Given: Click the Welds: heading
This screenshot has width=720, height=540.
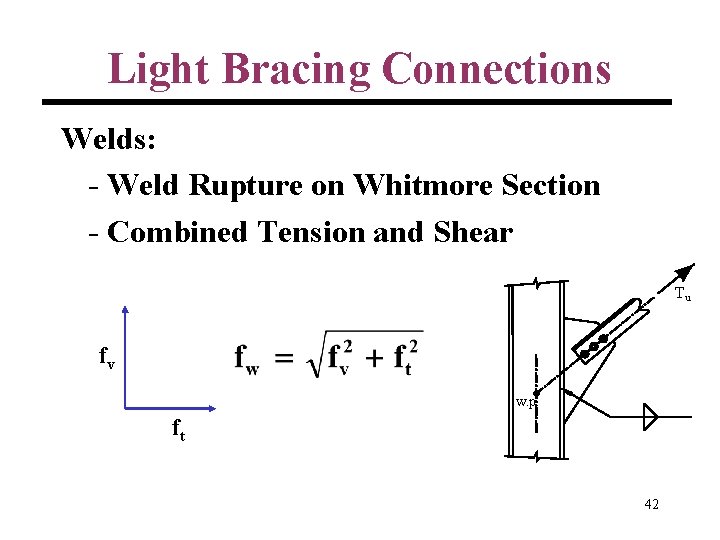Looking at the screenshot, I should coord(108,138).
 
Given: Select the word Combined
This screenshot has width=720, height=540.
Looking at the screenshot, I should coord(177,232).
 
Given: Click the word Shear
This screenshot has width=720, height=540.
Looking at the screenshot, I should coord(473,232).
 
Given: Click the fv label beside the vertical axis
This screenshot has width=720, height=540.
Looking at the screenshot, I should coord(106,357).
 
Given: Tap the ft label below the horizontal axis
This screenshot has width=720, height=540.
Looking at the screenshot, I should coord(179,429).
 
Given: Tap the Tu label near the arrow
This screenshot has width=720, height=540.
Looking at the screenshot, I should coord(682,294).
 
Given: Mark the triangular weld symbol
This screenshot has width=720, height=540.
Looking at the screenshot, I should coord(650,416).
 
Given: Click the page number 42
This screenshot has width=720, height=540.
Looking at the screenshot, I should coord(651,505).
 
